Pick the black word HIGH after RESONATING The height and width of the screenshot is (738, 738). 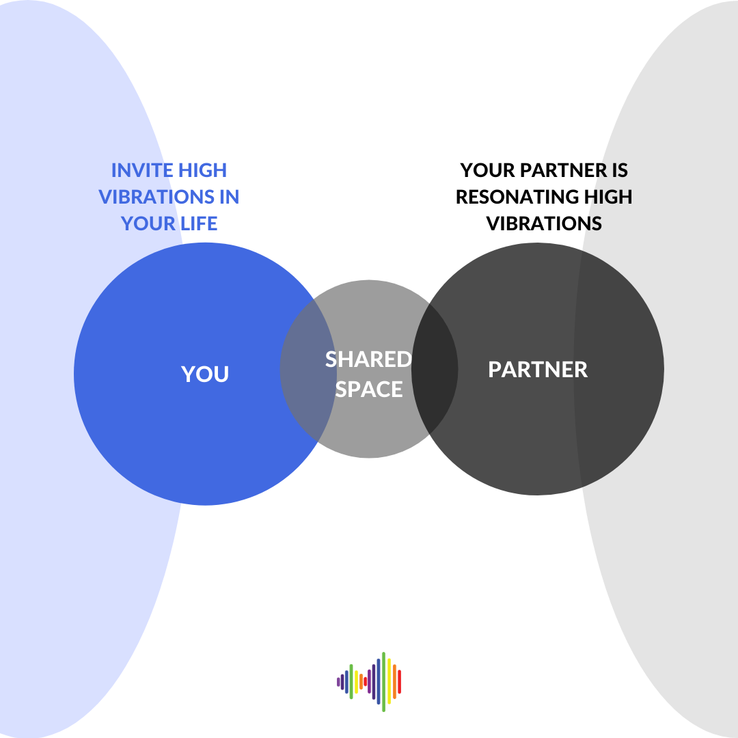pyautogui.click(x=600, y=197)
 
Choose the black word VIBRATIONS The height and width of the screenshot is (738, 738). pyautogui.click(x=544, y=223)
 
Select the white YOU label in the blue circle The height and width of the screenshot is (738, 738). pyautogui.click(x=205, y=374)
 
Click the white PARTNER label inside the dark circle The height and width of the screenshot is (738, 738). pyautogui.click(x=538, y=370)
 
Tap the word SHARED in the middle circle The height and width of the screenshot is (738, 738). pyautogui.click(x=368, y=359)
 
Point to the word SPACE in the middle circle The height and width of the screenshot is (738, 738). pyautogui.click(x=369, y=389)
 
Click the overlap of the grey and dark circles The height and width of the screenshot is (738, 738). pyautogui.click(x=435, y=369)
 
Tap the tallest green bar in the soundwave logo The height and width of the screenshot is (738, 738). pyautogui.click(x=384, y=681)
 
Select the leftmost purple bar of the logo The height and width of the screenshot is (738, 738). pyautogui.click(x=338, y=681)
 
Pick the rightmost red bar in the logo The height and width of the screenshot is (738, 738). pyautogui.click(x=399, y=681)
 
